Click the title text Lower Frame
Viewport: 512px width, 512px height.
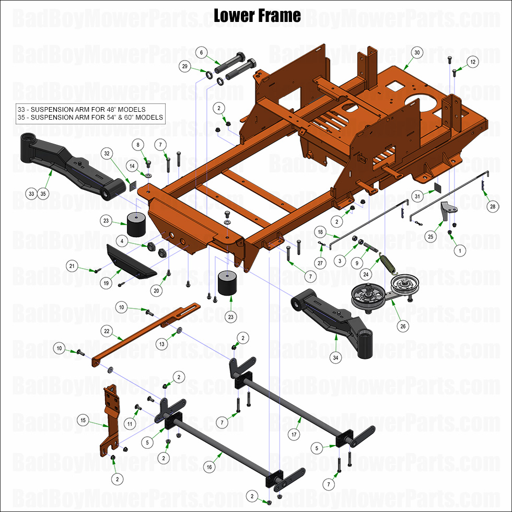257,16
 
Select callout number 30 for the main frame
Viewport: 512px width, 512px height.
416,53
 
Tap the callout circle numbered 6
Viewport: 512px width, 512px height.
201,53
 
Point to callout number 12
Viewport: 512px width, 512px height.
473,62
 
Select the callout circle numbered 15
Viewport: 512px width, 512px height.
82,420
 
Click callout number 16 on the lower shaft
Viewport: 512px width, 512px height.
209,467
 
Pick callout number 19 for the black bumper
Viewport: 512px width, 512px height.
106,283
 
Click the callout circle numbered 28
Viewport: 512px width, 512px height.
492,207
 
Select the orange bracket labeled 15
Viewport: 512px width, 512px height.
110,418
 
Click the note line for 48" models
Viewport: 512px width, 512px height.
82,109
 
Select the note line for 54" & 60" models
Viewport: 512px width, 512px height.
90,118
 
